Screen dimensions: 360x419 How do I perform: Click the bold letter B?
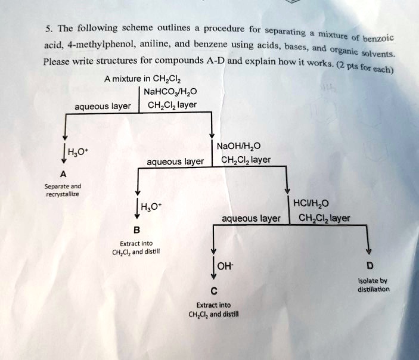pos(136,230)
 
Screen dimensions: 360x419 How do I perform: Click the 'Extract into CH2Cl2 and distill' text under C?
pos(213,309)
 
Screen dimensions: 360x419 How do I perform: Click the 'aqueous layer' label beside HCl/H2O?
pos(250,219)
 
